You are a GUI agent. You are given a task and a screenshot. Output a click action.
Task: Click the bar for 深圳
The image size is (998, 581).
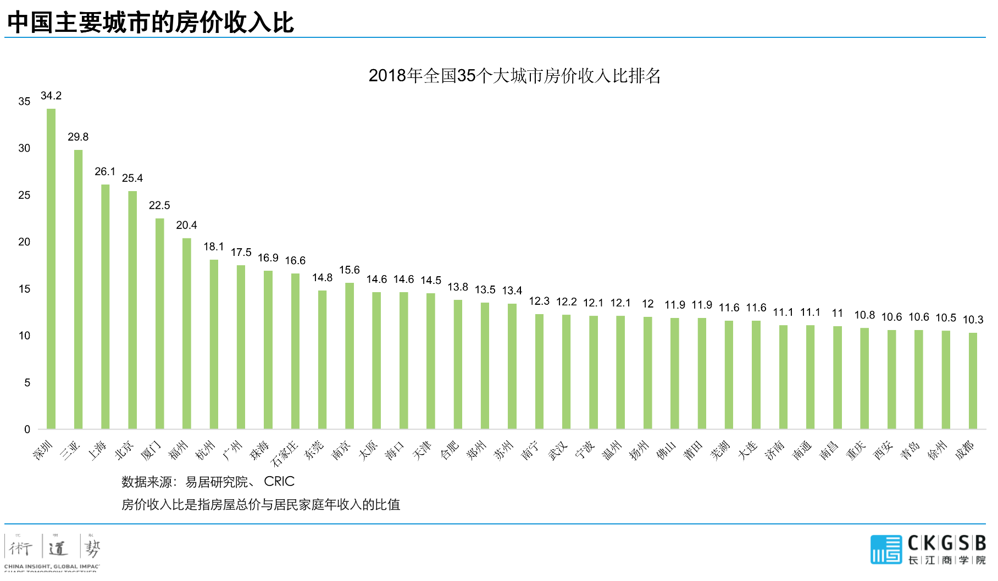(51, 269)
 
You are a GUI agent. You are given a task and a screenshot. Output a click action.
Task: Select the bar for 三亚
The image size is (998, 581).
(78, 289)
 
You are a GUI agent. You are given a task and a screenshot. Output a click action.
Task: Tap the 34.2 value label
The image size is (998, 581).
(51, 96)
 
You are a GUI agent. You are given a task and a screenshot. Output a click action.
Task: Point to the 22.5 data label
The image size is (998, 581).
(159, 205)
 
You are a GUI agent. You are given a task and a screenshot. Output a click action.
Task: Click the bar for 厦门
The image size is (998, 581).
(159, 324)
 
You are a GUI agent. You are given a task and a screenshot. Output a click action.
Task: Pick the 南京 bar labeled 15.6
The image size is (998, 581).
(350, 356)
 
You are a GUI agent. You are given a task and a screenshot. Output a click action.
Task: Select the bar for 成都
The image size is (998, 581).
(973, 381)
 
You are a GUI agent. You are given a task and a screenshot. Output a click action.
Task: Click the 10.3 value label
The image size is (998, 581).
(973, 320)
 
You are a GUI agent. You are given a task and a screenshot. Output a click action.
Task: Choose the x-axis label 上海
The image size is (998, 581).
(97, 450)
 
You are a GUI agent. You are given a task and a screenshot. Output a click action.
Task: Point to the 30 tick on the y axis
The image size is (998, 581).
(24, 148)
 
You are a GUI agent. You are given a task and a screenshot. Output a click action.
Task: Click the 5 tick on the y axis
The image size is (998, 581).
(27, 383)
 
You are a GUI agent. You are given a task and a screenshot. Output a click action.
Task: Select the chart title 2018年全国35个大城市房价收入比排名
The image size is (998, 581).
(514, 76)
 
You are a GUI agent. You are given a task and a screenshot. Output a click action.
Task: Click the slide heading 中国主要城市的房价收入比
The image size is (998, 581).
(151, 23)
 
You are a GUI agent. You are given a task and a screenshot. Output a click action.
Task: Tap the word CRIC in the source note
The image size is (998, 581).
(279, 482)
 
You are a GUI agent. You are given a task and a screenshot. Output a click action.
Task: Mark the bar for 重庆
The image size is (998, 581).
(864, 378)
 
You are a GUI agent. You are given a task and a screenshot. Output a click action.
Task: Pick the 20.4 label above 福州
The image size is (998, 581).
(186, 225)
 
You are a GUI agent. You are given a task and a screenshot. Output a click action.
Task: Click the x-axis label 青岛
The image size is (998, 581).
(910, 450)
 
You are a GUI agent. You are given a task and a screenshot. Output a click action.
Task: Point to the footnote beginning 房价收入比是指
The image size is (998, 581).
(260, 504)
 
